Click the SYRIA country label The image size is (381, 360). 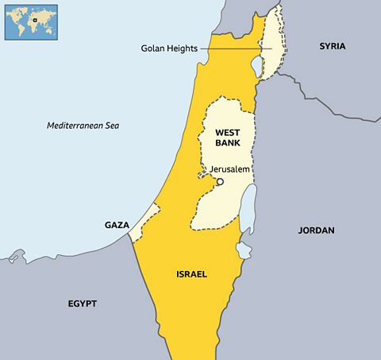coord(333,46)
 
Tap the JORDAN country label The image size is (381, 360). coord(316,230)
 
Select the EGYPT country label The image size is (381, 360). coord(83,304)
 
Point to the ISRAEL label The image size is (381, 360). coord(191,274)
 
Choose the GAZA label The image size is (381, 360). coord(117,226)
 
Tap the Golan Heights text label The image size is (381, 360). coord(171,48)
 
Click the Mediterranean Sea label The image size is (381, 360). coord(87,126)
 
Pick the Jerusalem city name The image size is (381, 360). coord(230,169)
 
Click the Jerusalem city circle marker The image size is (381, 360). coord(221,182)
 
